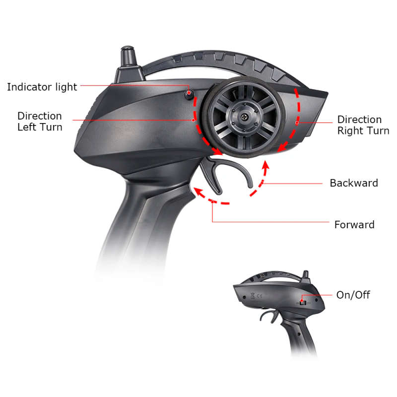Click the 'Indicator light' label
42,87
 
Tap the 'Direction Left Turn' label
40,122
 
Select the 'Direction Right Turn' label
363,125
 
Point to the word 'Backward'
354,183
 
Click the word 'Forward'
354,225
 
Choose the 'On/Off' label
353,295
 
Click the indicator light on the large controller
189,94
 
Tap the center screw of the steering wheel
244,117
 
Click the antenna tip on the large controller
128,49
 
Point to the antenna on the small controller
306,275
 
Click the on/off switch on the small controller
303,302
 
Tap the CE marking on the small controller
259,295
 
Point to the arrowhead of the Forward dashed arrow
198,192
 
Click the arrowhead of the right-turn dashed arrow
282,147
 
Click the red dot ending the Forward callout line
213,202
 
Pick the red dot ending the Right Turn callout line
297,123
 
